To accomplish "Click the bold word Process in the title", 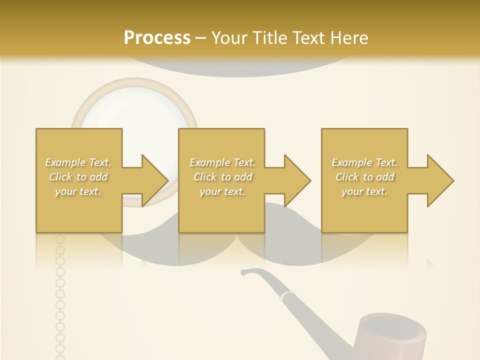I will (157, 38).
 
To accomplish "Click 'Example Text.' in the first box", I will (78, 162).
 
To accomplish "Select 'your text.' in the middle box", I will (222, 191).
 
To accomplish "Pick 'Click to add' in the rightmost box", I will (364, 177).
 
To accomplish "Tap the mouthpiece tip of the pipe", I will (244, 272).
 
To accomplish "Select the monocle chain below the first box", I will (60, 295).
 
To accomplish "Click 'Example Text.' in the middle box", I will (222, 162).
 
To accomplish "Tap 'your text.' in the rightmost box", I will (364, 191).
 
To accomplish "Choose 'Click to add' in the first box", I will (78, 177).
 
